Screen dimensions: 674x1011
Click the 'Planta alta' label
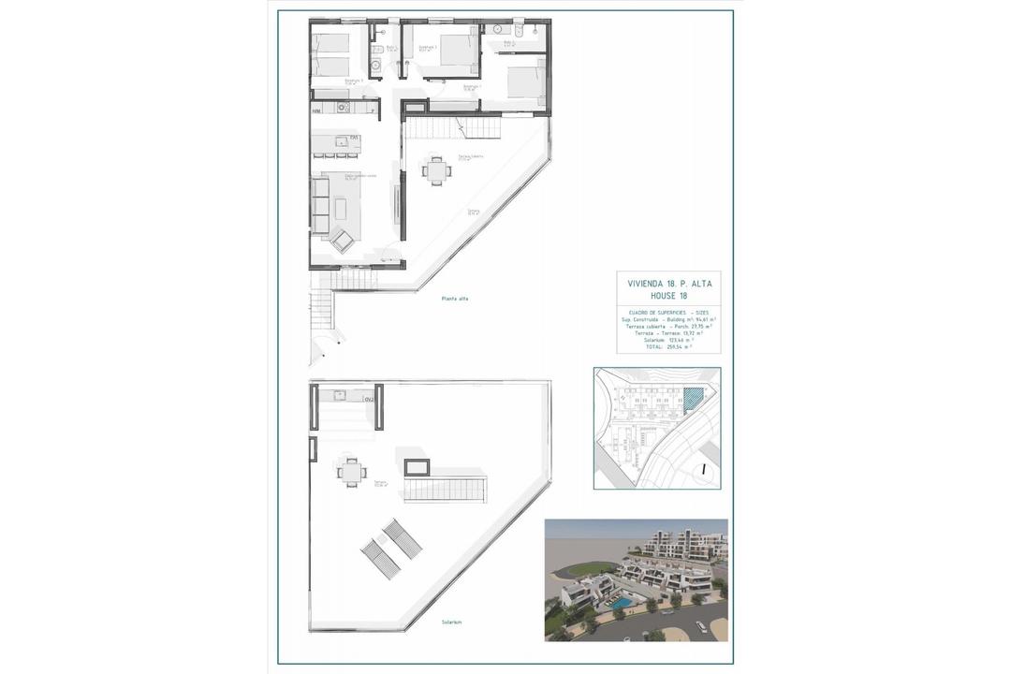pos(456,299)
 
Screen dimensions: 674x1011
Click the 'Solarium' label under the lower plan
pos(452,622)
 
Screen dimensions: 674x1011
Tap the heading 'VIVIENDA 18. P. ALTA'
pos(668,284)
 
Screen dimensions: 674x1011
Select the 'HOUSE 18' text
pos(668,296)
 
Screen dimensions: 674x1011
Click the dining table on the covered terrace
pos(435,170)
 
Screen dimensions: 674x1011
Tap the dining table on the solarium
pos(352,473)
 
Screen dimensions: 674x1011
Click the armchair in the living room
pos(343,241)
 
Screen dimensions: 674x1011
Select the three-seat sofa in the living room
pos(320,208)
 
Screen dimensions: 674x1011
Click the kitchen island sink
pos(354,140)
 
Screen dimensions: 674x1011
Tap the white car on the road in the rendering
pos(700,624)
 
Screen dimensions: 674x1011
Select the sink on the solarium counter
pos(339,395)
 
